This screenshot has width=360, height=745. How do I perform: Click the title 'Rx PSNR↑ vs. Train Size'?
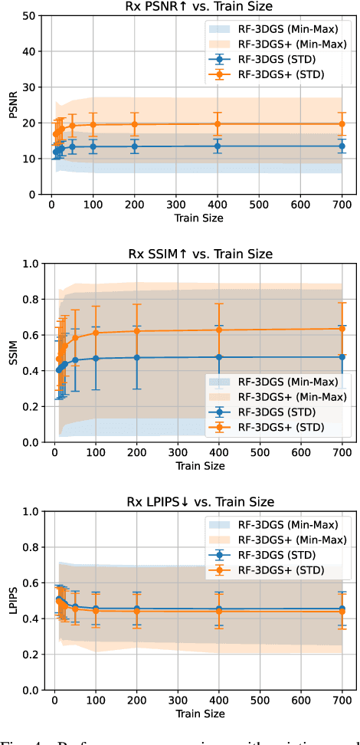coord(198,8)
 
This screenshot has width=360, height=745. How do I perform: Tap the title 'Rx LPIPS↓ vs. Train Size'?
coord(198,503)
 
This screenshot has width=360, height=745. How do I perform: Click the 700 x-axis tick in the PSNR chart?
coord(342,207)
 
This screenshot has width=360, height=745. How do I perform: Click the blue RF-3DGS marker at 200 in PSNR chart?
coord(135,146)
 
